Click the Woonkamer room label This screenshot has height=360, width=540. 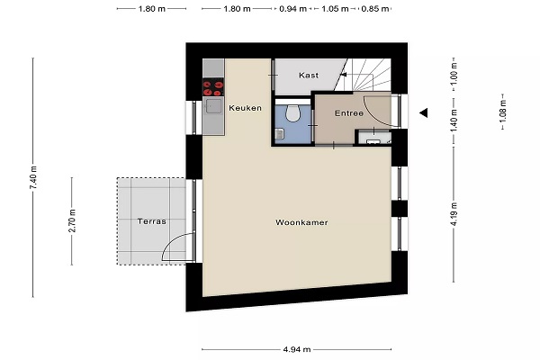click(301, 222)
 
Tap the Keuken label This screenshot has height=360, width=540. click(245, 108)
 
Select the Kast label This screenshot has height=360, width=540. click(309, 75)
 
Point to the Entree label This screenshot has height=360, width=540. click(349, 113)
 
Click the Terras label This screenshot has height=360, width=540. click(152, 221)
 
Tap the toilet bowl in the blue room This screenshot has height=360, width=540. click(292, 113)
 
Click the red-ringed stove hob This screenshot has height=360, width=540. click(213, 87)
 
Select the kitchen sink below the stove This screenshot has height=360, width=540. click(213, 106)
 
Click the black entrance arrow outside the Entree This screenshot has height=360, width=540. click(424, 112)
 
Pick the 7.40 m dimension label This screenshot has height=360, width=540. click(33, 177)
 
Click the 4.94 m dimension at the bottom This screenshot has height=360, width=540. click(297, 350)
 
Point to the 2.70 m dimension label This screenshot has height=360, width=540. click(72, 220)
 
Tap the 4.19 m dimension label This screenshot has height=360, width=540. click(454, 214)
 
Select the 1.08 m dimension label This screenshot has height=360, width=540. click(503, 112)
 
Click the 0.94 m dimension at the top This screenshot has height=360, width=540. click(292, 9)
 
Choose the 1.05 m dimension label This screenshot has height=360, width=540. click(335, 9)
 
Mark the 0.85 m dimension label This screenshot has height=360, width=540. click(375, 9)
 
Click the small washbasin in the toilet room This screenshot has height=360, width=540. click(280, 134)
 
